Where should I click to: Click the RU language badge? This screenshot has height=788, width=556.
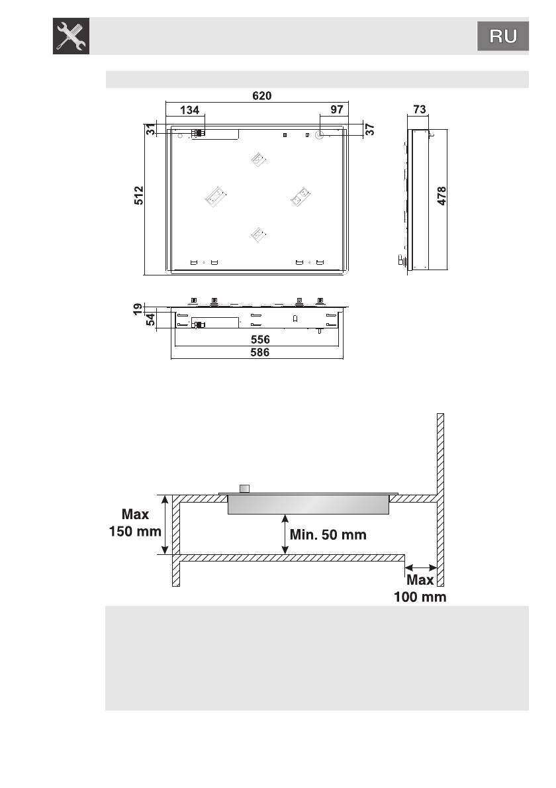tap(503, 36)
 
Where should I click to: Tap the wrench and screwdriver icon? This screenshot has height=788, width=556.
tap(71, 36)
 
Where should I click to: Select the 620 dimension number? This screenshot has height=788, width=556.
tap(261, 95)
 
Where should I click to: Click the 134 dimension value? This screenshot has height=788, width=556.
tap(189, 110)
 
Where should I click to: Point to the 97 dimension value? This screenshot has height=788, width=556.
tap(337, 109)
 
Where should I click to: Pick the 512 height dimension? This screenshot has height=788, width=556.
tap(139, 195)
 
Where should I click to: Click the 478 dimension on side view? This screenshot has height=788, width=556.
tap(441, 195)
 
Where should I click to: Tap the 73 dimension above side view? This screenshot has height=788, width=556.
tap(420, 109)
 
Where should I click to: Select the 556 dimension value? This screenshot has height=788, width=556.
tap(260, 340)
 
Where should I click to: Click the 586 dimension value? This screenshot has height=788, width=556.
tap(259, 352)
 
